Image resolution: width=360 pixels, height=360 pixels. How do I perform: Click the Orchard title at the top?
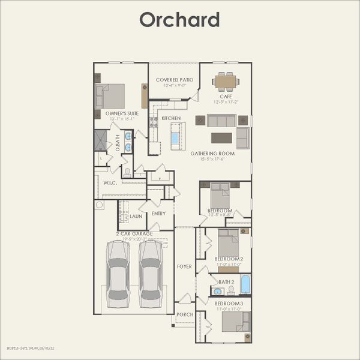179,19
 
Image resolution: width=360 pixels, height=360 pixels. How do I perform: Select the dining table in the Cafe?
226,80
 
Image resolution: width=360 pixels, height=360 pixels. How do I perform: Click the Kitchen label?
171,118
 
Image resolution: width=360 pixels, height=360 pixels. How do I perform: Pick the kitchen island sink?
175,138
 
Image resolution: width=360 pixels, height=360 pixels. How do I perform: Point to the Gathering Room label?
212,154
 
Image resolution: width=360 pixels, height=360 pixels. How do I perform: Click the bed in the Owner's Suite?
110,95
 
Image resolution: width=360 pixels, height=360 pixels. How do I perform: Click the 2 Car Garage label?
135,233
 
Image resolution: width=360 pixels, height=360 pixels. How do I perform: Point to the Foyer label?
184,266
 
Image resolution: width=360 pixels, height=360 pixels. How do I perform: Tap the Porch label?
184,314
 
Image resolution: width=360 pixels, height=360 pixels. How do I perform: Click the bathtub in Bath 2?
245,284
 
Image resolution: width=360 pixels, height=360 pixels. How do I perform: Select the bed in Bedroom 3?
232,322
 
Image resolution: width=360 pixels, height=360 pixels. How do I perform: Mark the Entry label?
158,214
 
